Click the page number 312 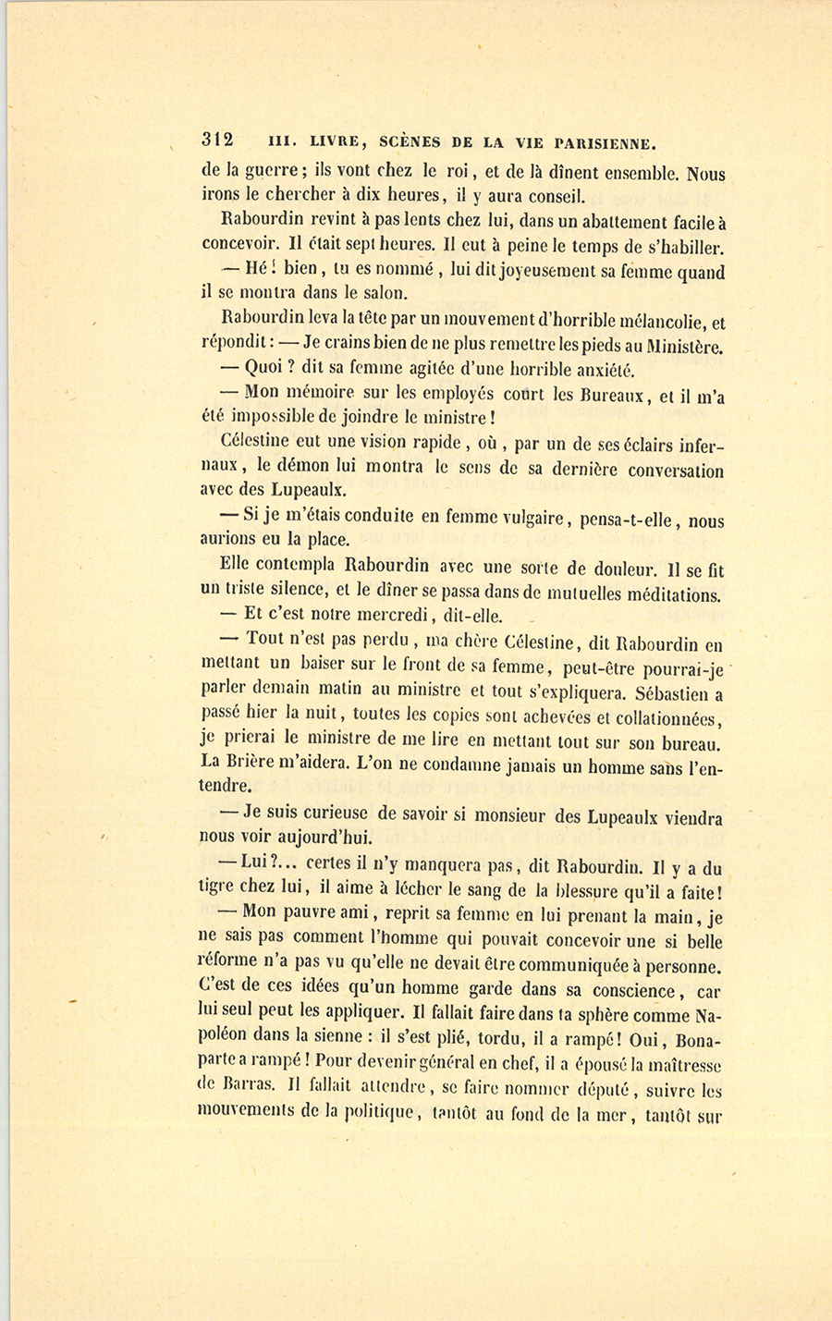218,141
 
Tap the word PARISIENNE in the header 604,143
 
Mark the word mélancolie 655,322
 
